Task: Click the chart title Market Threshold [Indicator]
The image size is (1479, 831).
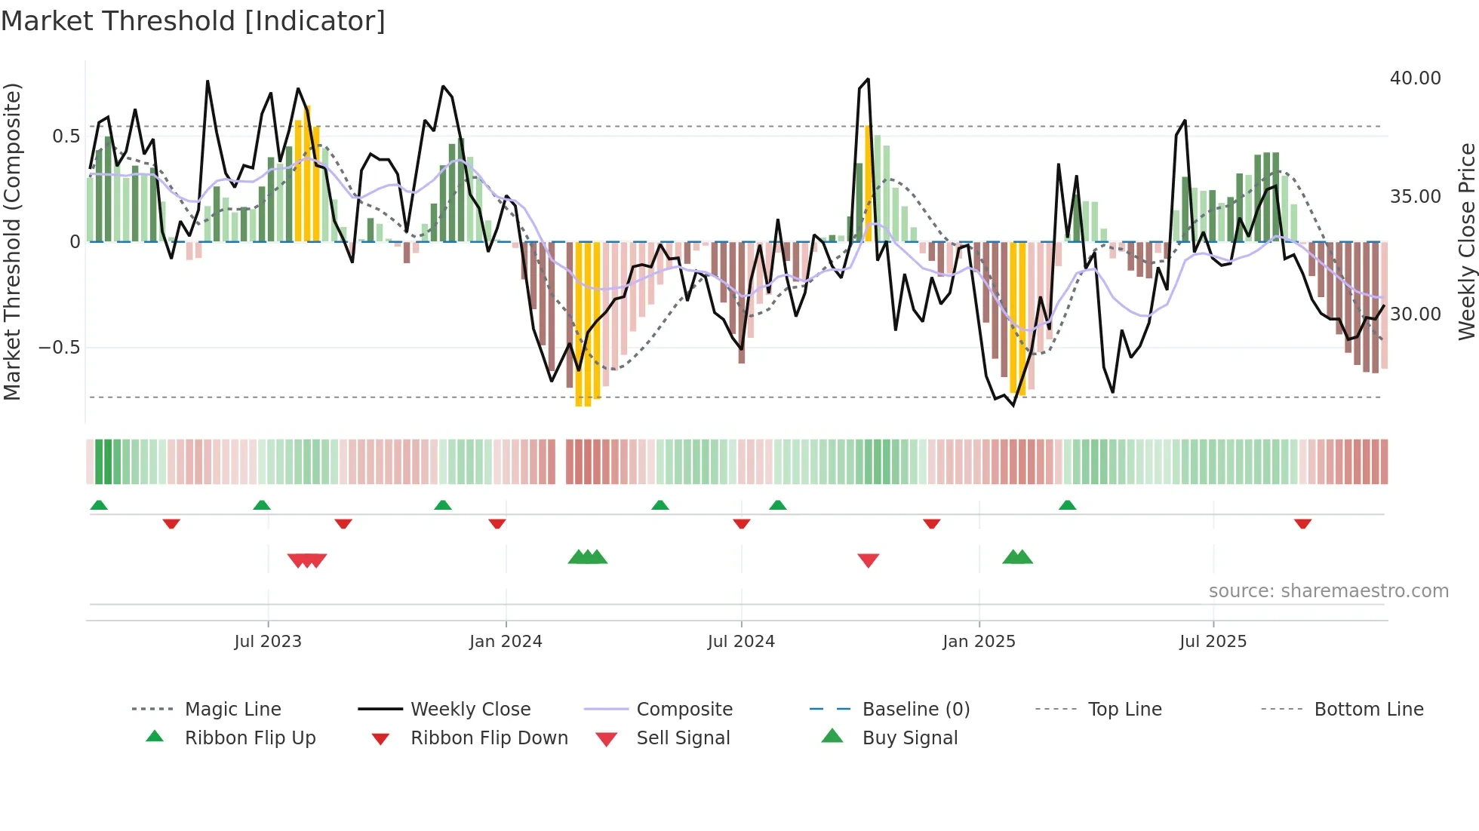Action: (x=193, y=21)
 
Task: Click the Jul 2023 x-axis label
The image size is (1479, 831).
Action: (x=268, y=642)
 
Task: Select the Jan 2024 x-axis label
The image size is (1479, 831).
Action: (x=506, y=642)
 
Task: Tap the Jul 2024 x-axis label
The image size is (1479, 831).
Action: (x=741, y=642)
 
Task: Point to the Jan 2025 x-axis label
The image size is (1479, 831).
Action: (x=979, y=642)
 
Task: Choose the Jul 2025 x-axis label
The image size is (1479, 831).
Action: (x=1213, y=642)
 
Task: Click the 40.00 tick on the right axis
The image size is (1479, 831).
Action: (x=1415, y=78)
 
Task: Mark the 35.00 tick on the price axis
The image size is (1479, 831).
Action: (x=1415, y=197)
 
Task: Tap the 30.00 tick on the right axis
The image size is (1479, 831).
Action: (x=1415, y=314)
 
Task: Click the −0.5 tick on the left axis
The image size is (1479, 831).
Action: (x=60, y=348)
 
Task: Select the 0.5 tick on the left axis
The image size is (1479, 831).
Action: (x=66, y=136)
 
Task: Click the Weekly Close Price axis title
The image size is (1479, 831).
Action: (x=1466, y=241)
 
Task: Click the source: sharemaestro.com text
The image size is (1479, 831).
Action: (x=1328, y=591)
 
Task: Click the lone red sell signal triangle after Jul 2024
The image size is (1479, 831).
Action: (x=869, y=560)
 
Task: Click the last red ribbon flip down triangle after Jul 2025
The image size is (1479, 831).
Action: (x=1302, y=523)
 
